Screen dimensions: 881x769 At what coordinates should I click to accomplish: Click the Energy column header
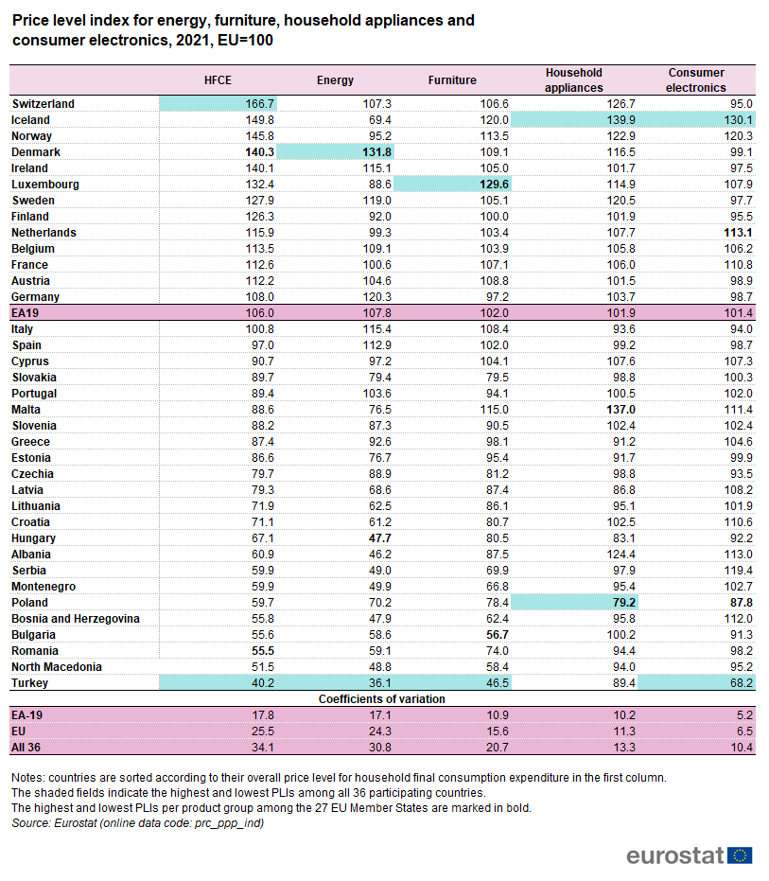coord(335,80)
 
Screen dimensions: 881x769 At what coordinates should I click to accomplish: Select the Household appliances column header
coord(574,79)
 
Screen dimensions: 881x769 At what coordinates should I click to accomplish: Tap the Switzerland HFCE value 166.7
coord(259,104)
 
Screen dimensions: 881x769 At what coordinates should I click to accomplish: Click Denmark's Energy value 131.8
coord(376,152)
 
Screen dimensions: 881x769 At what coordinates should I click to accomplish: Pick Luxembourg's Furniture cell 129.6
coord(494,185)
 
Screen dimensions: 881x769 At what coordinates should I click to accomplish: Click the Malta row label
coord(26,410)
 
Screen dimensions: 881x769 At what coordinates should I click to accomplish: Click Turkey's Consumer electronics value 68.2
coord(738,683)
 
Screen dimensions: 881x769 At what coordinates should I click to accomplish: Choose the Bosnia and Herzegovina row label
coord(76,619)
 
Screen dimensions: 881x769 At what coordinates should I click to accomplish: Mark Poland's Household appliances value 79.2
coord(621,603)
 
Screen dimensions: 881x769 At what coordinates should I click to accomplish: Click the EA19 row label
coord(25,313)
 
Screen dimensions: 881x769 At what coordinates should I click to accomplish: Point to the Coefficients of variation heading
coord(382,699)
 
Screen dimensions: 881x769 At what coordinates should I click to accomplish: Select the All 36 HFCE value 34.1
coord(261,748)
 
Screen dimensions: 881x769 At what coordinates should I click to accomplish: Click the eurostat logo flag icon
coord(742,855)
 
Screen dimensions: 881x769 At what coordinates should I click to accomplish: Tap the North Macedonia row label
coord(57,667)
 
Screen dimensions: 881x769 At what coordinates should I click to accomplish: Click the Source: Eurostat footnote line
coord(138,823)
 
